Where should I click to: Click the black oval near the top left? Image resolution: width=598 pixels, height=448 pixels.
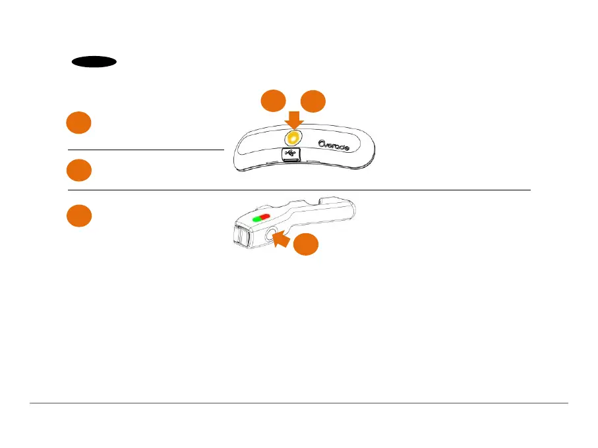[x=94, y=62]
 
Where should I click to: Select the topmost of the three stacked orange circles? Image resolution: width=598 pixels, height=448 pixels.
[x=78, y=124]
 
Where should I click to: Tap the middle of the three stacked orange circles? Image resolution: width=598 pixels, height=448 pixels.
[x=78, y=170]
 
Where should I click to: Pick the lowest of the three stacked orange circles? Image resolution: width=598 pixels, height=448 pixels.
[x=78, y=217]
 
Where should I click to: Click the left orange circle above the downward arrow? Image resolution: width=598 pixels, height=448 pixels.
[x=272, y=102]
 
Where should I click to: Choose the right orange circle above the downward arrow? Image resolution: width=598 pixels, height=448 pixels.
[x=313, y=102]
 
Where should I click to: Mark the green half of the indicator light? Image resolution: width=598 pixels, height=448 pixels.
[x=255, y=217]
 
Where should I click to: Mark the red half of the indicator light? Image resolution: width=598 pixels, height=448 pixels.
[x=265, y=216]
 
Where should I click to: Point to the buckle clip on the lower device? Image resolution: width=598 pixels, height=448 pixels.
[x=239, y=237]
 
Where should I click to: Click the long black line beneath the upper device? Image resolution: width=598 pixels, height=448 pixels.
[x=299, y=190]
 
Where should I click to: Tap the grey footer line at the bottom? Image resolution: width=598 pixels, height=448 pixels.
[x=299, y=403]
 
